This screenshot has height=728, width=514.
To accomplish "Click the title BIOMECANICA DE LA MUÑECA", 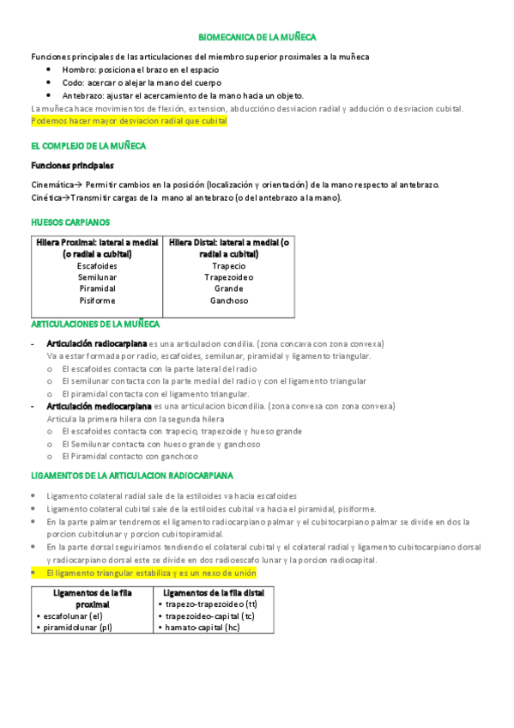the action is click(257, 38).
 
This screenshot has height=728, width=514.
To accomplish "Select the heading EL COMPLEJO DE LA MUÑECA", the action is click(88, 146).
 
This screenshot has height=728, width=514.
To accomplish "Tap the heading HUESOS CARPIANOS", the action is click(70, 222).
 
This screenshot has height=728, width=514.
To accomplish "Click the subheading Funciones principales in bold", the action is click(72, 166).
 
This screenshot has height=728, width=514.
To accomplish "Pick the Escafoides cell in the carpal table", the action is click(97, 266).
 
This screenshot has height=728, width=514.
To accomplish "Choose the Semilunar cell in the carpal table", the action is click(97, 277).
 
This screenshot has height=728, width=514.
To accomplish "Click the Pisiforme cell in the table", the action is click(97, 300).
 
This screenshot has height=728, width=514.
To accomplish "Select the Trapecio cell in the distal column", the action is click(228, 266).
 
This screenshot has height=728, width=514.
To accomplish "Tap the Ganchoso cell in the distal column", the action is click(228, 300).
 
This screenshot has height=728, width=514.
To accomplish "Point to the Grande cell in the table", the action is click(228, 288).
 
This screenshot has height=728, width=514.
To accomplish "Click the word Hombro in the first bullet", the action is click(80, 70).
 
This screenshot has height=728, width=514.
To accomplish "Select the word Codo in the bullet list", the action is click(74, 82).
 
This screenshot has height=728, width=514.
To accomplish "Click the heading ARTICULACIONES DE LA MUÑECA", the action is click(94, 325).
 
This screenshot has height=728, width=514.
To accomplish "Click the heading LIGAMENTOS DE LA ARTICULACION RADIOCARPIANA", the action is click(131, 475).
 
